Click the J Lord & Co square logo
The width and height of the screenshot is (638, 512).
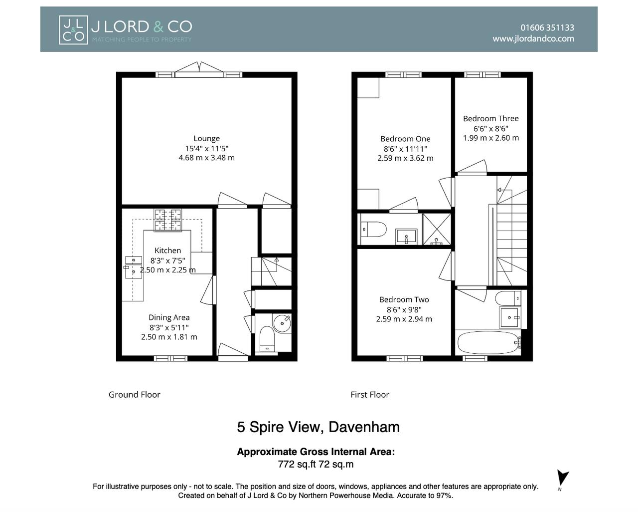pyautogui.click(x=73, y=30)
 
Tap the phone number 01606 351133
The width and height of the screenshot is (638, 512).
pyautogui.click(x=547, y=27)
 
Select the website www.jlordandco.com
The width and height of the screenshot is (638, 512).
pyautogui.click(x=533, y=38)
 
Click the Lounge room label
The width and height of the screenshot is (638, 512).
pyautogui.click(x=206, y=138)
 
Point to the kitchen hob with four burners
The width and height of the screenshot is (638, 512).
pyautogui.click(x=167, y=221)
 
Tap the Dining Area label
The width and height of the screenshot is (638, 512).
pyautogui.click(x=169, y=317)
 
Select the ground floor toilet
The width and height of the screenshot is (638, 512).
pyautogui.click(x=268, y=340)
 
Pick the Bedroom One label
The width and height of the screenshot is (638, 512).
pyautogui.click(x=405, y=139)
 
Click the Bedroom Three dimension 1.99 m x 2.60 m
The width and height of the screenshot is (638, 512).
pyautogui.click(x=491, y=138)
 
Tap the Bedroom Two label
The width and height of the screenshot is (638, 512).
pyautogui.click(x=404, y=299)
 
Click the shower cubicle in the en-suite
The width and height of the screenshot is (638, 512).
pyautogui.click(x=437, y=229)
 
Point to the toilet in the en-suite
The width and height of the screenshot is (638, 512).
pyautogui.click(x=373, y=230)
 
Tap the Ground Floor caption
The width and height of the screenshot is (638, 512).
pyautogui.click(x=135, y=394)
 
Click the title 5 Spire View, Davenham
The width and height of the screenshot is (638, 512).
pyautogui.click(x=318, y=427)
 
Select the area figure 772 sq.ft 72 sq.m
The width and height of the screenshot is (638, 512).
pyautogui.click(x=316, y=464)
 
